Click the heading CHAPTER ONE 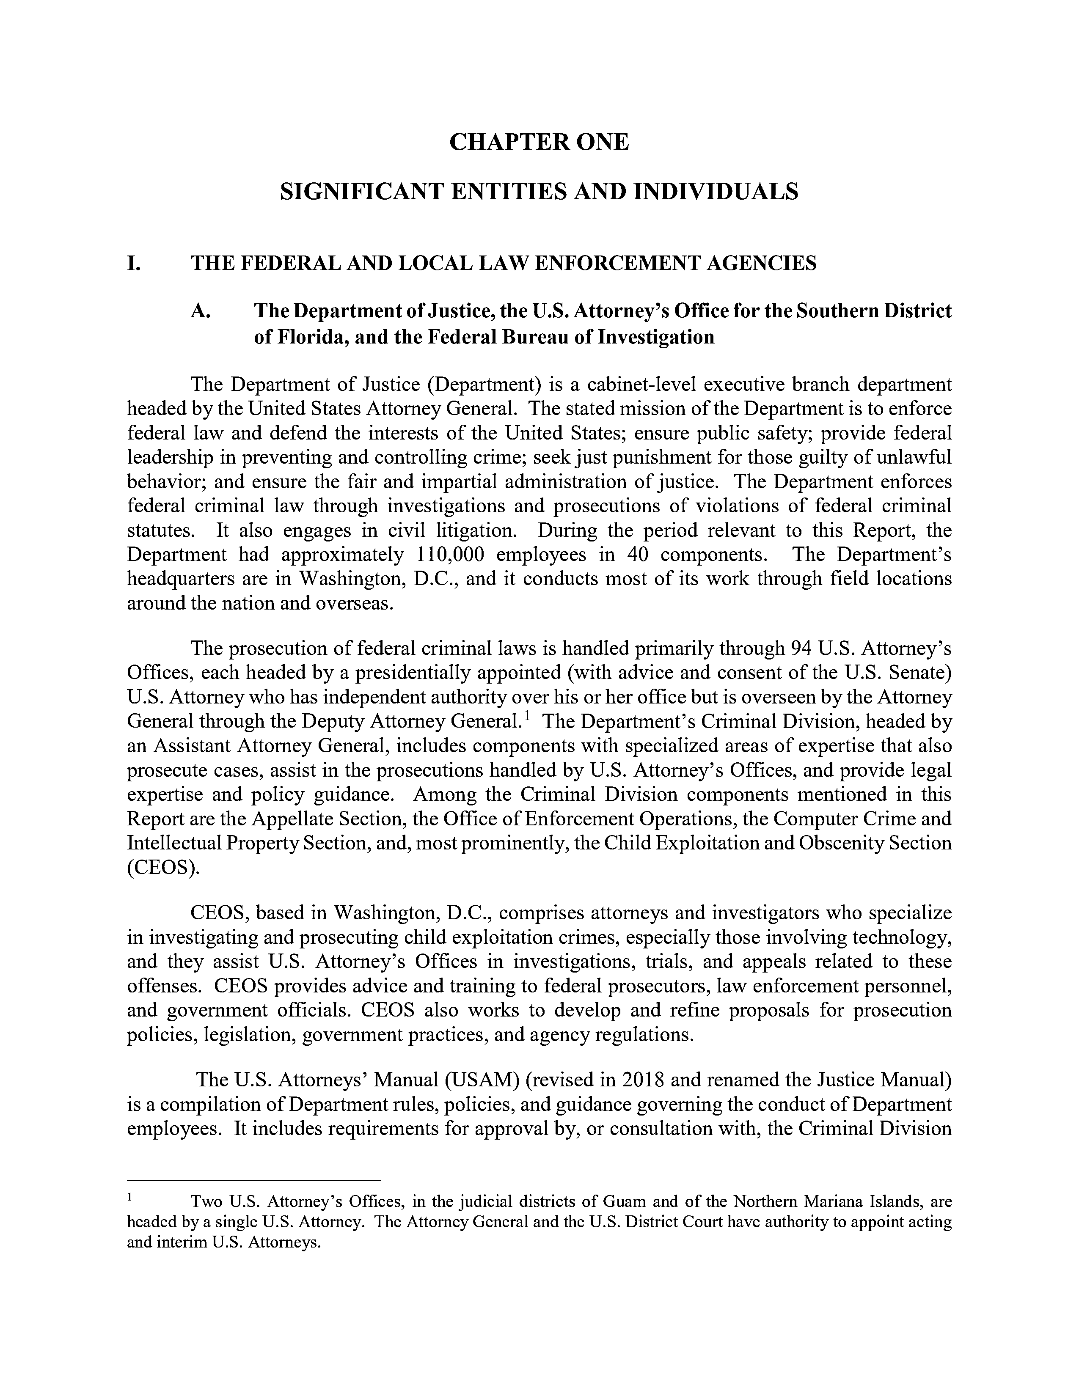pos(539,142)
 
